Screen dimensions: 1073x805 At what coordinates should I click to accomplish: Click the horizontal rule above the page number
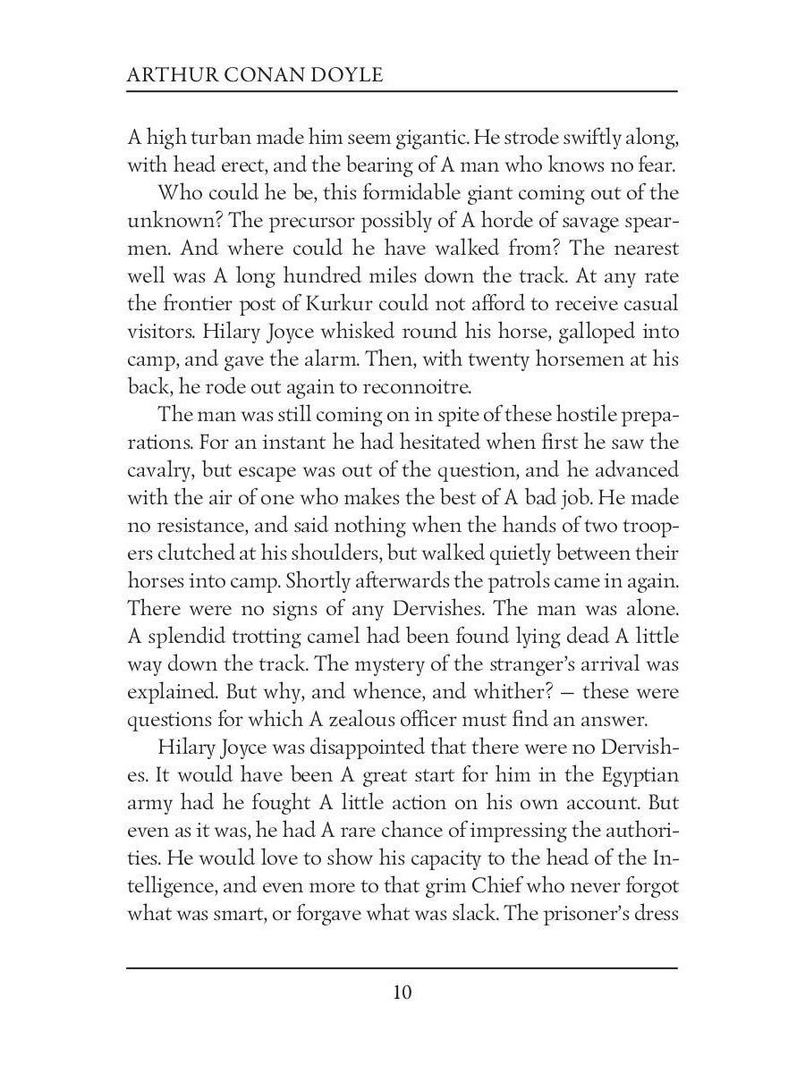[x=402, y=968]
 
